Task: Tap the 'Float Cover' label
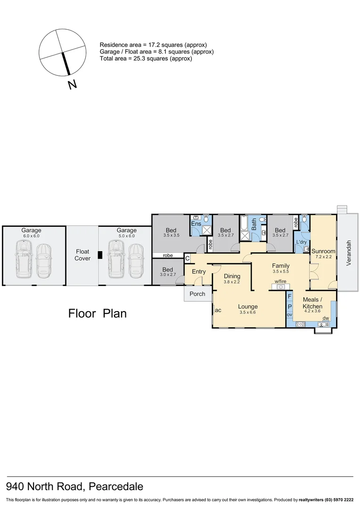(82, 255)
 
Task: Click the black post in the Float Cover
(99, 255)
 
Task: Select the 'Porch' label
(197, 294)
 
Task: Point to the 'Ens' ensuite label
(196, 224)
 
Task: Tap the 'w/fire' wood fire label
(281, 281)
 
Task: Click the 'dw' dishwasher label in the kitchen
(326, 318)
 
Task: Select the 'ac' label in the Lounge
(218, 310)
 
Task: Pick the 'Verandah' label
(349, 254)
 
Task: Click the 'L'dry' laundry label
(301, 242)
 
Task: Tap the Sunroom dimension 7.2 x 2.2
(323, 257)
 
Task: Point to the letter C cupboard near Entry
(188, 258)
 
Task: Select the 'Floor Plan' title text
(98, 313)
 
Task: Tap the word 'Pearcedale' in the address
(114, 486)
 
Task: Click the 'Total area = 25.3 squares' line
(146, 59)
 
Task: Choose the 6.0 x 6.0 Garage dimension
(32, 236)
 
